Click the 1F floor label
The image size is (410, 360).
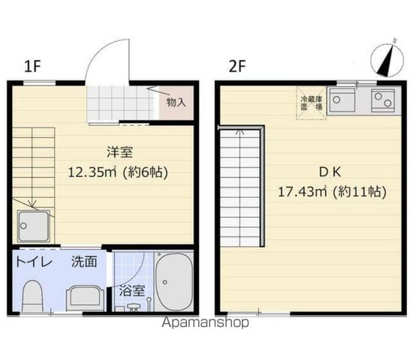32,66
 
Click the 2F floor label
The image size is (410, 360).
237,66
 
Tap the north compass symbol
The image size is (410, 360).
387,59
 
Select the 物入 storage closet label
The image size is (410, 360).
176,102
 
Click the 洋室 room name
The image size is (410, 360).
119,152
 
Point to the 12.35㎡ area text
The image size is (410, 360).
92,172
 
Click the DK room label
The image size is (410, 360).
330,172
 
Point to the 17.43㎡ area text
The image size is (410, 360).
303,192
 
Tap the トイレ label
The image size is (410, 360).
34,262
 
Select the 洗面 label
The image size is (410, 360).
84,262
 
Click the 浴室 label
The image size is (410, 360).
132,290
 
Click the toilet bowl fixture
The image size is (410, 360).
33,296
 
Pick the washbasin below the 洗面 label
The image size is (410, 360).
86,298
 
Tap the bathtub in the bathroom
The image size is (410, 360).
174,281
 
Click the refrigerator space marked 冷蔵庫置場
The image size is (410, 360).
311,103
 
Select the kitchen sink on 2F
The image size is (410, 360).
342,100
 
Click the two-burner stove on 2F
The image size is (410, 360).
383,100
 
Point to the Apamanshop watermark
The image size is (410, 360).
205,323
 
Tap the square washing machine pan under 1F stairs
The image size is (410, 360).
34,226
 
